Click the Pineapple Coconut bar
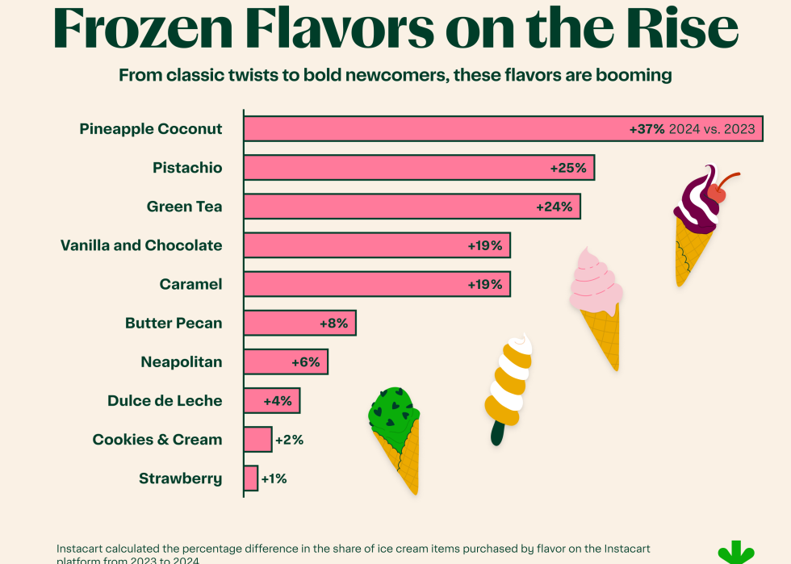tap(436, 129)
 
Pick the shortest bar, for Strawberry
tap(251, 478)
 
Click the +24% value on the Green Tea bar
tap(555, 207)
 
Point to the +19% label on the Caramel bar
tap(485, 284)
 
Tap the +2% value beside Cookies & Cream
tap(288, 440)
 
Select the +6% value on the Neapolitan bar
tap(306, 362)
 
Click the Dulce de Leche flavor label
tap(165, 401)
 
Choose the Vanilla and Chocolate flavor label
tap(141, 245)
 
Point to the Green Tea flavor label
tap(184, 207)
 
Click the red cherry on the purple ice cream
tap(717, 194)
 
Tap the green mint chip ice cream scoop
tap(393, 410)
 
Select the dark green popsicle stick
tap(497, 433)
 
